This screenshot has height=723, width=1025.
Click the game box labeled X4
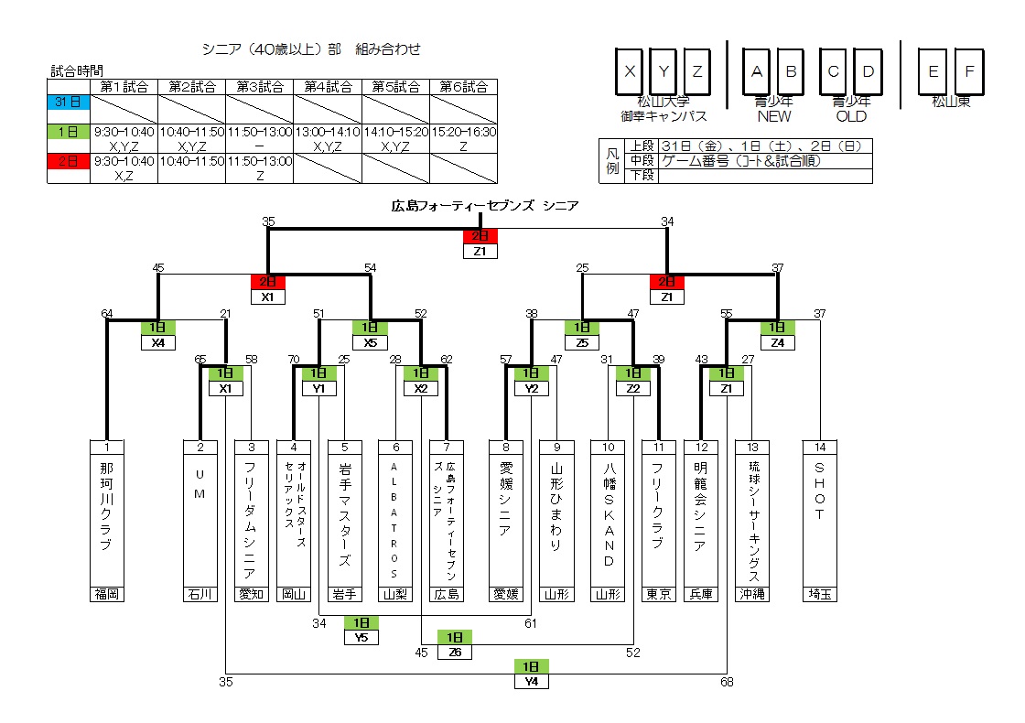coord(158,342)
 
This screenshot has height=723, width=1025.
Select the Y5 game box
coord(361,638)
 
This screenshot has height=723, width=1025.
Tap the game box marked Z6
coord(455,652)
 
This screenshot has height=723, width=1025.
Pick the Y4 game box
coord(532,681)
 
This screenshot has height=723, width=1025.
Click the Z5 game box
coord(581,342)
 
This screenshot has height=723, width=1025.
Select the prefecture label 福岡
coord(107,594)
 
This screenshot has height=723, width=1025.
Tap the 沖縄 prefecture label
coord(752,594)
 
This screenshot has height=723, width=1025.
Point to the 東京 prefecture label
coord(658,594)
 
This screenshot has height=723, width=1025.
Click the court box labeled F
coord(969,71)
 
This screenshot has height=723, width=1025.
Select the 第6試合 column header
coord(463,87)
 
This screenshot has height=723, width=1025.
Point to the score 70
coord(294,359)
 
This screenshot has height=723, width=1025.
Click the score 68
coord(727,681)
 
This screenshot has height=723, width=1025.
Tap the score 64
coord(107,314)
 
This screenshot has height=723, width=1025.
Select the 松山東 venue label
coord(952,103)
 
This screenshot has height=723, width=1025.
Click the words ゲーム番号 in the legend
coord(696,161)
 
